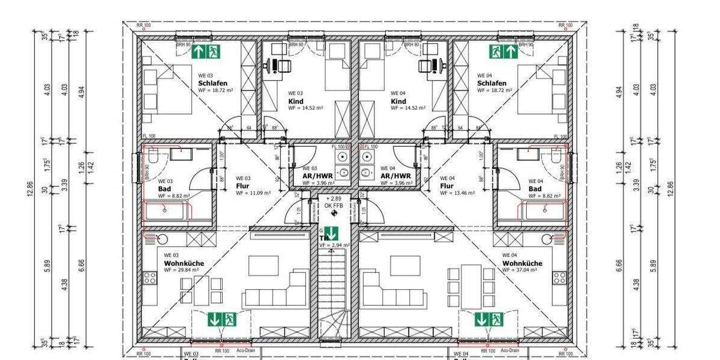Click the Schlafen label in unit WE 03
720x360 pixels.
pyautogui.click(x=213, y=83)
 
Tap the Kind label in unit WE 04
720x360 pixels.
pyautogui.click(x=398, y=101)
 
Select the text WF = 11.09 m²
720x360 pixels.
pyautogui.click(x=253, y=193)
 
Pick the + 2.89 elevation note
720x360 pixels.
pyautogui.click(x=334, y=199)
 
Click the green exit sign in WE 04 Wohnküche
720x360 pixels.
pyautogui.click(x=488, y=319)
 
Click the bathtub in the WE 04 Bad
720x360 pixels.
pyautogui.click(x=543, y=210)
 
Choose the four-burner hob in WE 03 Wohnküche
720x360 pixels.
pyautogui.click(x=149, y=278)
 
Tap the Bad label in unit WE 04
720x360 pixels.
pyautogui.click(x=535, y=188)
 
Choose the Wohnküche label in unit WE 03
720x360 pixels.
pyautogui.click(x=184, y=263)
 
